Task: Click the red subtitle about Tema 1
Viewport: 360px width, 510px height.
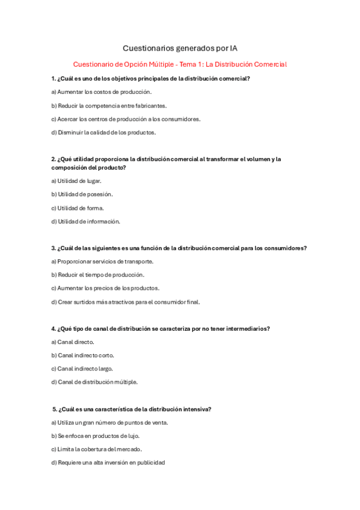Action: pos(180,64)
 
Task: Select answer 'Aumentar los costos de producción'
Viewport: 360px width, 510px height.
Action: pos(102,92)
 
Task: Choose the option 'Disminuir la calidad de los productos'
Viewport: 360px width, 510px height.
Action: pos(103,132)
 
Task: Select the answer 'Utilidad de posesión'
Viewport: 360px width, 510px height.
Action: pos(82,194)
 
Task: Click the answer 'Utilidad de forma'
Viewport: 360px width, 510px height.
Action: pos(78,208)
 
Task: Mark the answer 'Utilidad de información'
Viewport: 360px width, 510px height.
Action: pos(85,221)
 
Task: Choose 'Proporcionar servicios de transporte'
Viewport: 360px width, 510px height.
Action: pos(102,261)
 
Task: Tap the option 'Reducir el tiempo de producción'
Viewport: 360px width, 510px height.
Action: pos(97,275)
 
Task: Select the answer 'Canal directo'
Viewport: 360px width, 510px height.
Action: pos(73,342)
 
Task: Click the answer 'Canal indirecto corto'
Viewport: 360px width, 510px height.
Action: pos(82,355)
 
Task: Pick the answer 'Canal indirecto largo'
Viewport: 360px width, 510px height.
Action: pos(82,369)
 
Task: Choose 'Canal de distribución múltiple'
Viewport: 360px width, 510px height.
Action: pos(94,382)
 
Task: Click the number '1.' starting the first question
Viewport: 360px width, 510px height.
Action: pos(54,79)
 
